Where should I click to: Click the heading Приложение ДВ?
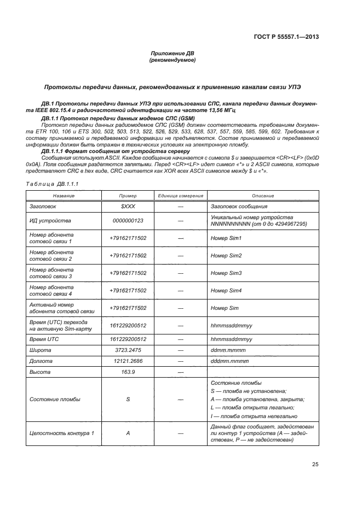(x=173, y=53)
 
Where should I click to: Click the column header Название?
(x=64, y=196)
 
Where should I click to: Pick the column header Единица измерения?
(x=180, y=196)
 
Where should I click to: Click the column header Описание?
(x=262, y=196)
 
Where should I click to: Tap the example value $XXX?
(x=128, y=207)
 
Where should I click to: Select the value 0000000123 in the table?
(x=128, y=221)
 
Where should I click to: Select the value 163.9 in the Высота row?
(x=128, y=372)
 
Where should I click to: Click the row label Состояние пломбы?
(x=54, y=400)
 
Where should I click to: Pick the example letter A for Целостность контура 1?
(x=128, y=433)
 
